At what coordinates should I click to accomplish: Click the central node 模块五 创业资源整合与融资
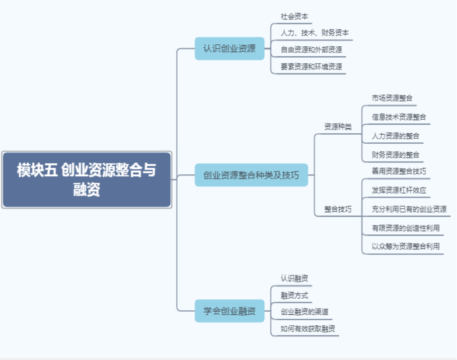[87, 179]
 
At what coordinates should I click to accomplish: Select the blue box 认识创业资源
[230, 49]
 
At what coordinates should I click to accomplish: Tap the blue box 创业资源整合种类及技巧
[251, 175]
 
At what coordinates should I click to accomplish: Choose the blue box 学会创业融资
[230, 311]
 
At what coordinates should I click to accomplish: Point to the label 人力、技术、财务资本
[315, 33]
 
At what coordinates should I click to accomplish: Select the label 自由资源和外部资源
[312, 50]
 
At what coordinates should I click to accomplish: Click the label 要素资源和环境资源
[312, 66]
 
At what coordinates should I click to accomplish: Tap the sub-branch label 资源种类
[338, 126]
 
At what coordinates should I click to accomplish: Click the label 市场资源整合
[393, 98]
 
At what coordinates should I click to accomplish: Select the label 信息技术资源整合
[399, 117]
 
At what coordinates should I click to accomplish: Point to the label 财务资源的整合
[396, 154]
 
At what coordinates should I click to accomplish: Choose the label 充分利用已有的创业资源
[409, 209]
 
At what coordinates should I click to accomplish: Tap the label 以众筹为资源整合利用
[406, 246]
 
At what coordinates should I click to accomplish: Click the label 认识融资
[294, 278]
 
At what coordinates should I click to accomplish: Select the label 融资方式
[294, 295]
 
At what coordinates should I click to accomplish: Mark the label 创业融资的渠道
[305, 312]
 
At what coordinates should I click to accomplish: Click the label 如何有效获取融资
[309, 329]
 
